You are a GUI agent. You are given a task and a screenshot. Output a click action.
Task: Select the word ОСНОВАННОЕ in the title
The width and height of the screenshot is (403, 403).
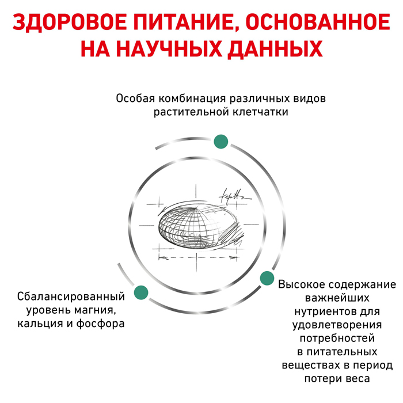pyautogui.click(x=318, y=22)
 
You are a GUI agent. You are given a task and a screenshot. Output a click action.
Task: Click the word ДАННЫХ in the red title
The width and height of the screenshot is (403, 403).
pyautogui.click(x=275, y=49)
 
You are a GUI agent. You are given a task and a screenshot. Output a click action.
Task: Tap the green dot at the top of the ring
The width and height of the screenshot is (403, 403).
pyautogui.click(x=220, y=142)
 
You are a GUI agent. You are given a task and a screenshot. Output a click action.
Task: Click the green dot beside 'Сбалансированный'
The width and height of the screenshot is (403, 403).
pyautogui.click(x=141, y=292)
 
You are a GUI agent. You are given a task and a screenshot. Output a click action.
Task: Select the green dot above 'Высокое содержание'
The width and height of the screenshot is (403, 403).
pyautogui.click(x=267, y=278)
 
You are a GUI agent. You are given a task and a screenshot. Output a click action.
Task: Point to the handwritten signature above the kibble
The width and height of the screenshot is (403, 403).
pyautogui.click(x=234, y=197)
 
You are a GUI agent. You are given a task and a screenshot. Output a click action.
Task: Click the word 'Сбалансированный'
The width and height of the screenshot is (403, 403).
pyautogui.click(x=71, y=296)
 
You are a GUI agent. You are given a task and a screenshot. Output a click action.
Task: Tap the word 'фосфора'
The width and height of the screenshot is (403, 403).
pyautogui.click(x=101, y=324)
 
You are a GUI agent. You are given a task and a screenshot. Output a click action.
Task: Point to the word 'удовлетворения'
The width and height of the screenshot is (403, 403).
pyautogui.click(x=337, y=325)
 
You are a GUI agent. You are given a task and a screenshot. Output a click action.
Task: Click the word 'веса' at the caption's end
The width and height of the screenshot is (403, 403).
pyautogui.click(x=358, y=379)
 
